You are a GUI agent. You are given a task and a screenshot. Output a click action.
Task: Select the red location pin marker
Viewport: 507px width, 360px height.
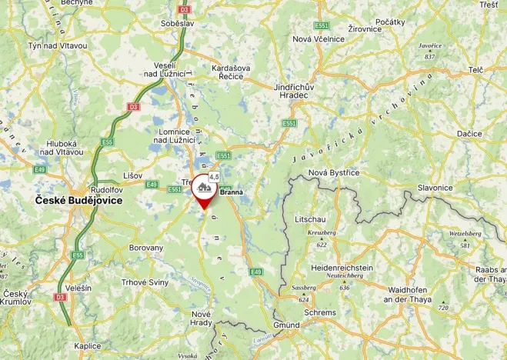point(204,189)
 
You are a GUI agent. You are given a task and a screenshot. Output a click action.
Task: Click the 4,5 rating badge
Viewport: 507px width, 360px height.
point(214,177)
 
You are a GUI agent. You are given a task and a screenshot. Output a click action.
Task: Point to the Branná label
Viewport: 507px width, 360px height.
point(232,192)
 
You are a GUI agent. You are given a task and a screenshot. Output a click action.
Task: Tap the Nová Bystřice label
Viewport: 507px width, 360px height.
point(334,172)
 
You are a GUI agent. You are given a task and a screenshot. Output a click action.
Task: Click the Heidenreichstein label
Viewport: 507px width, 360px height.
point(342,268)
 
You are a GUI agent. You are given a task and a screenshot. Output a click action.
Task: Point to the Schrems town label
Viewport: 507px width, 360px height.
point(320,313)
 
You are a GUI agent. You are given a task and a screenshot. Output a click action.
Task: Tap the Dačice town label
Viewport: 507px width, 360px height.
point(469,134)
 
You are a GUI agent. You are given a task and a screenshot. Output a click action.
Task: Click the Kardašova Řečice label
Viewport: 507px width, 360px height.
point(231,73)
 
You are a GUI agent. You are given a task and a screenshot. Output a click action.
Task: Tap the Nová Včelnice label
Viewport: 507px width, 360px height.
point(318,39)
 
